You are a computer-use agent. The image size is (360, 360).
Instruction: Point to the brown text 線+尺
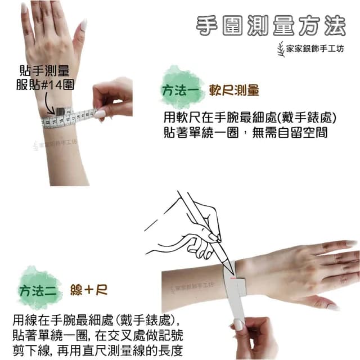(x=89, y=290)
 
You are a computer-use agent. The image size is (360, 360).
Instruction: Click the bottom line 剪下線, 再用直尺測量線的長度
(x=98, y=349)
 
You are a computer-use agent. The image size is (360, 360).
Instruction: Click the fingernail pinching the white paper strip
(x=238, y=325)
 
